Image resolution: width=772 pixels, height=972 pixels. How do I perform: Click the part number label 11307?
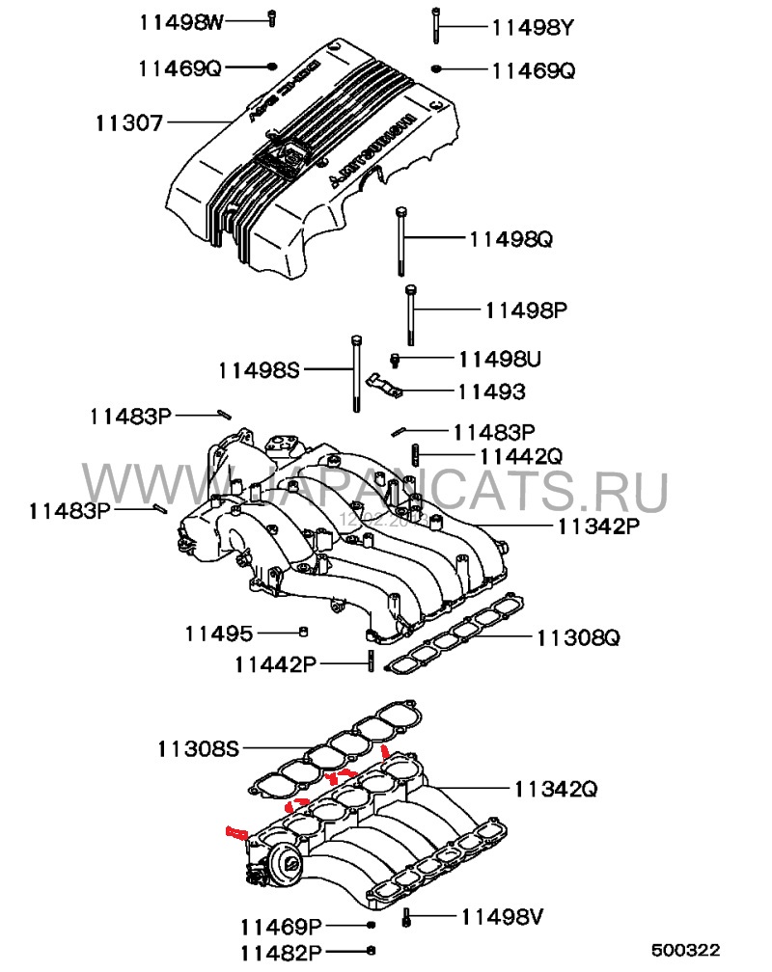pos(129,122)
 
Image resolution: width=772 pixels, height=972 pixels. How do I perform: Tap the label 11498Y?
pos(533,28)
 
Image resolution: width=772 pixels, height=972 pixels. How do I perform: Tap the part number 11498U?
pos(499,359)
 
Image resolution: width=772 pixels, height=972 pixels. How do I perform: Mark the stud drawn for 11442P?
pos(370,663)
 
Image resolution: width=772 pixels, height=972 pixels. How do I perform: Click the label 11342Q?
pos(555,789)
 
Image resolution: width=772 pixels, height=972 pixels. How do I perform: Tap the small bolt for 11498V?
pos(408,917)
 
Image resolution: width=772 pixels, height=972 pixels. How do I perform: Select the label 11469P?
pos(281,927)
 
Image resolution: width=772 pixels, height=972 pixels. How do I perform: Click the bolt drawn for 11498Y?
pos(436,25)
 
